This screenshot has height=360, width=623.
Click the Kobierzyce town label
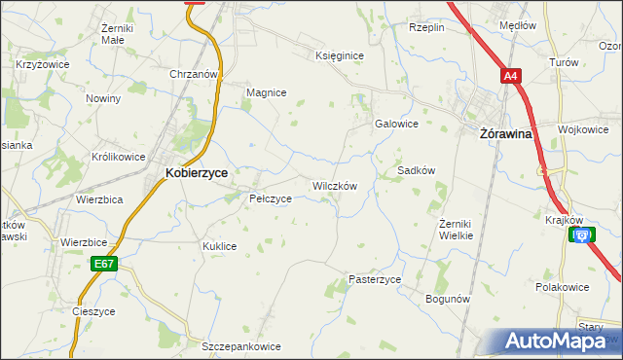pos(197,172)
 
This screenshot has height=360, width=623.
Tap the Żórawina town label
pos(506,134)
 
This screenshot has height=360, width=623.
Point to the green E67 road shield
pos(104,263)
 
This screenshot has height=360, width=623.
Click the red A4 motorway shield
pos(511,76)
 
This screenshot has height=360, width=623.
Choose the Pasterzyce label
pos(375,279)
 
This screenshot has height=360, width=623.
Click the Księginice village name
pos(340,55)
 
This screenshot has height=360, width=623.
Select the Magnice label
pos(266,92)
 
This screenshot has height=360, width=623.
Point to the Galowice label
pos(396,124)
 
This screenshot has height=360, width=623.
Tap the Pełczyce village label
pos(271,198)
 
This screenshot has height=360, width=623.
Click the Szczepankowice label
pos(240,346)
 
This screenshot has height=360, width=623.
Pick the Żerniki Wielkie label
pos(456,230)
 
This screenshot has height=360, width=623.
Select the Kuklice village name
pos(219,246)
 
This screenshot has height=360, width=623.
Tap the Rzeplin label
pos(426,27)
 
